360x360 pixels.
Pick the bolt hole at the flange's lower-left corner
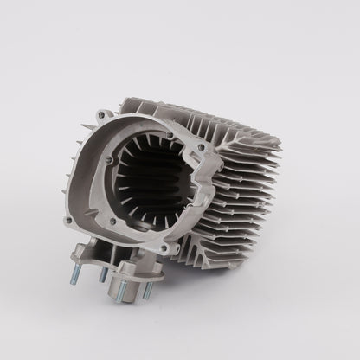coord(68,222)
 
